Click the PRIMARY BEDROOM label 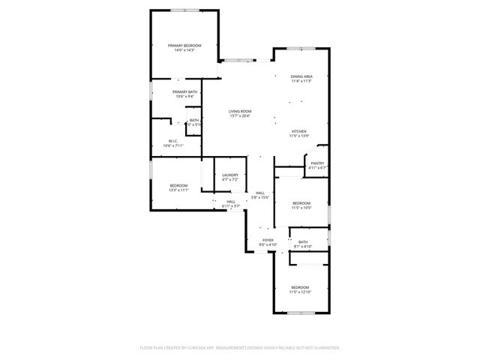coord(184,46)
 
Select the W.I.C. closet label coord(173,141)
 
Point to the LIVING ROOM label coord(240,111)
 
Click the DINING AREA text coord(301,76)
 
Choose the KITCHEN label coord(298,131)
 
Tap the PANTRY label coord(317,163)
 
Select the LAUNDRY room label coord(229,175)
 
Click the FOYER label coord(268,240)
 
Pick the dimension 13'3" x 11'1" coord(178,190)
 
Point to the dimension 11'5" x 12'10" coord(300,292)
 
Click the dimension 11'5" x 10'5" coord(301,208)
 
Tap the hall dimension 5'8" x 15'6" coord(260,197)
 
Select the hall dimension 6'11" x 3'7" coord(231,205)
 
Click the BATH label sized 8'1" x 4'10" coord(303,241)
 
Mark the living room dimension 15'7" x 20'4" coord(240,115)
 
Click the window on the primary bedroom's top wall coord(184,10)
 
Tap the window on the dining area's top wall coord(301,49)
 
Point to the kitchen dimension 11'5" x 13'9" coord(298,136)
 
